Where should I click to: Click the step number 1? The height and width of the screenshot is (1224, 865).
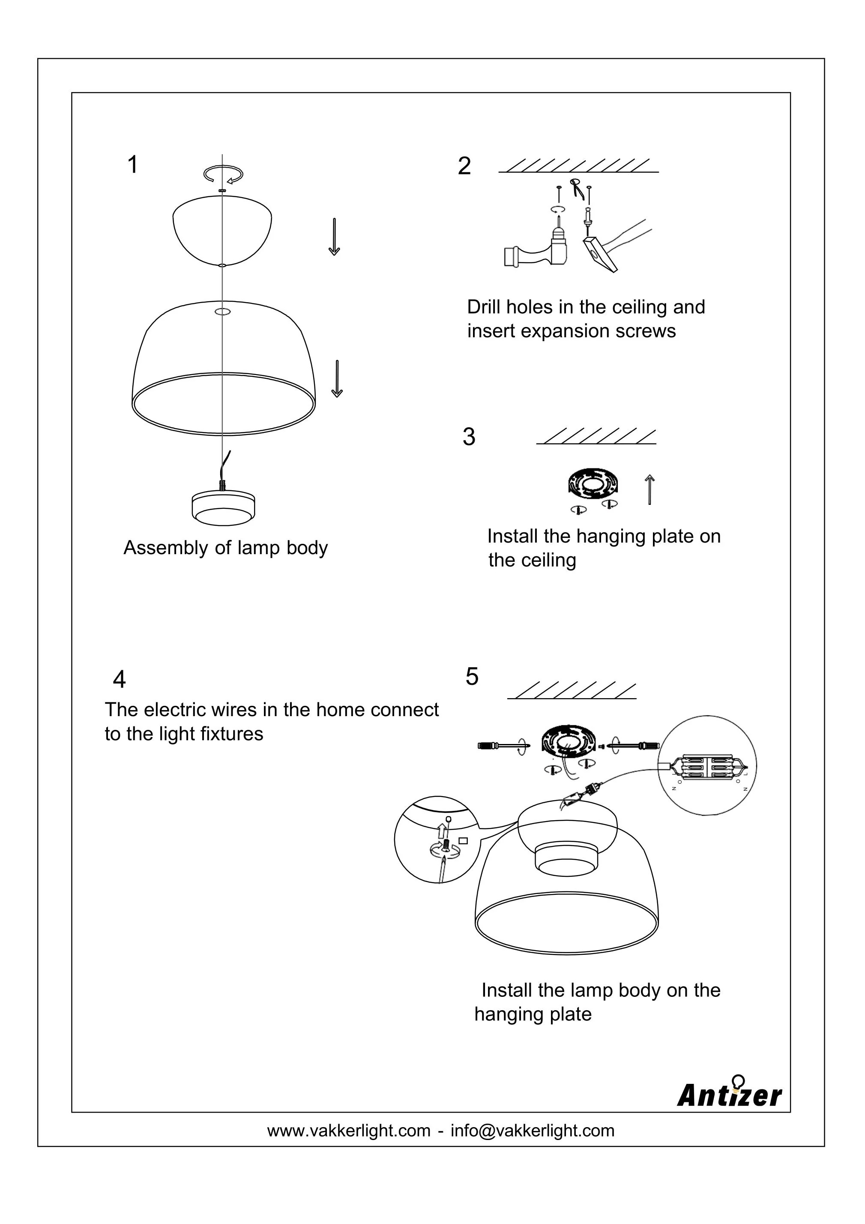click(133, 165)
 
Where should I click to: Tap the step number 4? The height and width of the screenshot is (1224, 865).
click(120, 680)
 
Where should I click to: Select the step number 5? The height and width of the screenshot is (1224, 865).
click(472, 677)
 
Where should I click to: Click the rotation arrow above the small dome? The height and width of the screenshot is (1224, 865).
click(223, 174)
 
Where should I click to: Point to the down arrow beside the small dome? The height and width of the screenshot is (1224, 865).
click(334, 237)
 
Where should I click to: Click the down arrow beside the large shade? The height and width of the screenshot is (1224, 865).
click(337, 378)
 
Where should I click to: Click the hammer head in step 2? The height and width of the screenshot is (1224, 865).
click(599, 255)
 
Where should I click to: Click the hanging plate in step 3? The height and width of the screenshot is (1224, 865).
click(592, 484)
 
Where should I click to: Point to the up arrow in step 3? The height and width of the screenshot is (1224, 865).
click(649, 489)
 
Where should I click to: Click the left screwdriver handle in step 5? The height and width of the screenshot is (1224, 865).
click(489, 746)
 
